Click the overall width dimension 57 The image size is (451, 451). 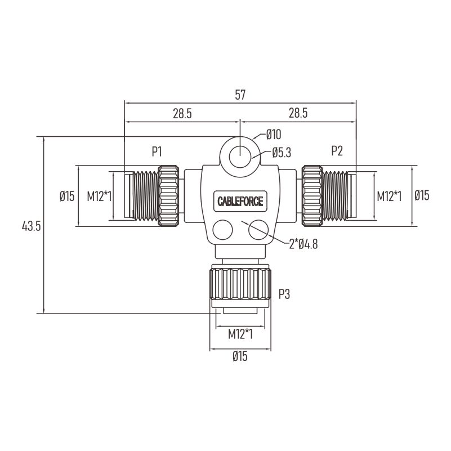coord(240,95)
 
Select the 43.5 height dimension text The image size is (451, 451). coord(32,226)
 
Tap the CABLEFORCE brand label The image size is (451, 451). coord(240,201)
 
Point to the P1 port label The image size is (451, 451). coord(157,151)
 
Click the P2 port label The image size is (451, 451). coord(337,151)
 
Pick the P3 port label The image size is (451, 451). coord(284,294)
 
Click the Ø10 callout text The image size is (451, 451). coord(274,135)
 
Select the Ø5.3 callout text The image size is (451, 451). coord(282,153)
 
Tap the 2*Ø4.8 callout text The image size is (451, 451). coord(303,244)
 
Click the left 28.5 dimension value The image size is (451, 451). coord(182,114)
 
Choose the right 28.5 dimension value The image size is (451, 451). coord(298,113)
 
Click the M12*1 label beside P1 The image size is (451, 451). coord(99,197)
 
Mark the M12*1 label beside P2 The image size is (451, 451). coord(389,197)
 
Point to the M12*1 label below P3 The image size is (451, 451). coord(240,334)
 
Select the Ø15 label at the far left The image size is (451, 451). coord(67,196)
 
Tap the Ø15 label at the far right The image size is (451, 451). coord(422,195)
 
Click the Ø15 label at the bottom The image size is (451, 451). coord(240,356)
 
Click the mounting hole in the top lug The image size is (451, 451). coord(240,157)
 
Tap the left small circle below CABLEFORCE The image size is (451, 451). coord(222,230)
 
